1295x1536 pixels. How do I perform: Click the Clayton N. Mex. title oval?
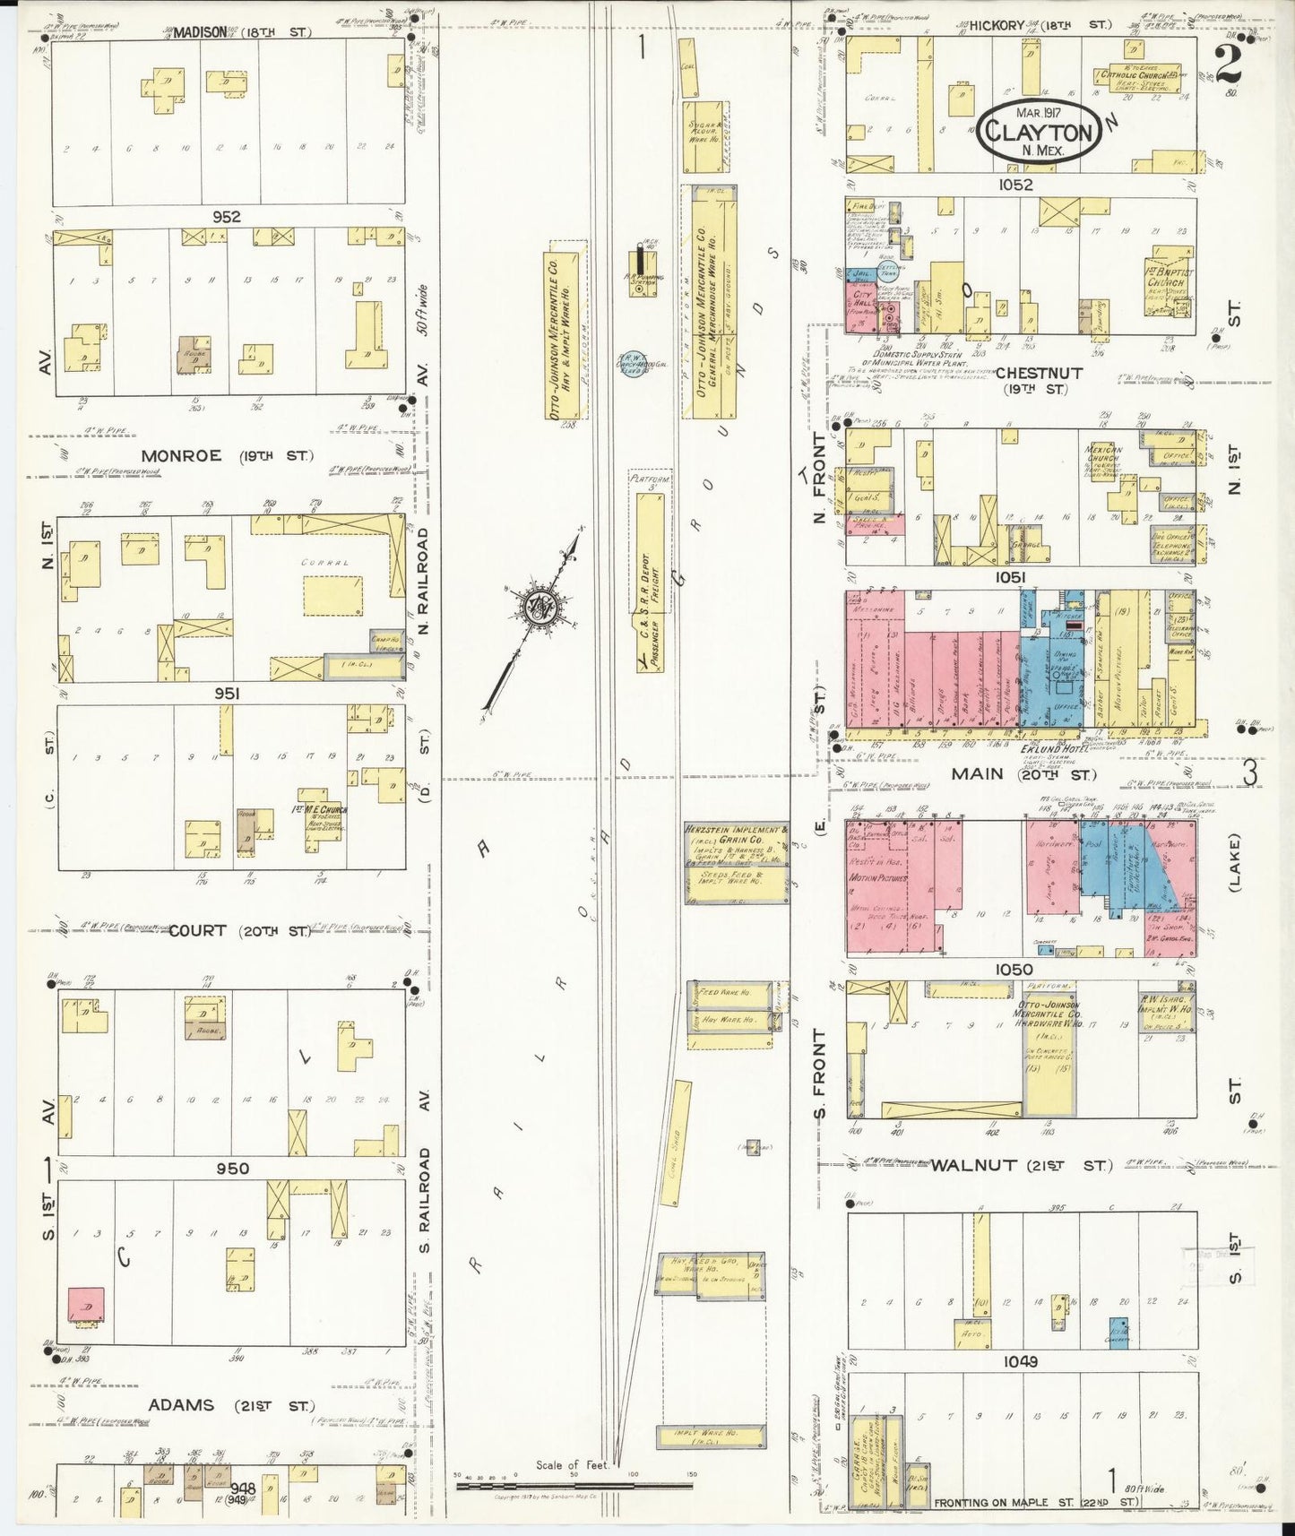pos(1040,132)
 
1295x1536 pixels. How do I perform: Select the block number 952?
pos(226,217)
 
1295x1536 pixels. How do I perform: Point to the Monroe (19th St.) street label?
pos(227,455)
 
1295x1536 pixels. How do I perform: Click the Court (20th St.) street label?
pos(240,930)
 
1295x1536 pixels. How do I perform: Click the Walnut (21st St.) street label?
pos(1021,1165)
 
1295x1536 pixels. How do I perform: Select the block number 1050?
pos(1013,969)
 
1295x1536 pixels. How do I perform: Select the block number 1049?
pos(1020,1361)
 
